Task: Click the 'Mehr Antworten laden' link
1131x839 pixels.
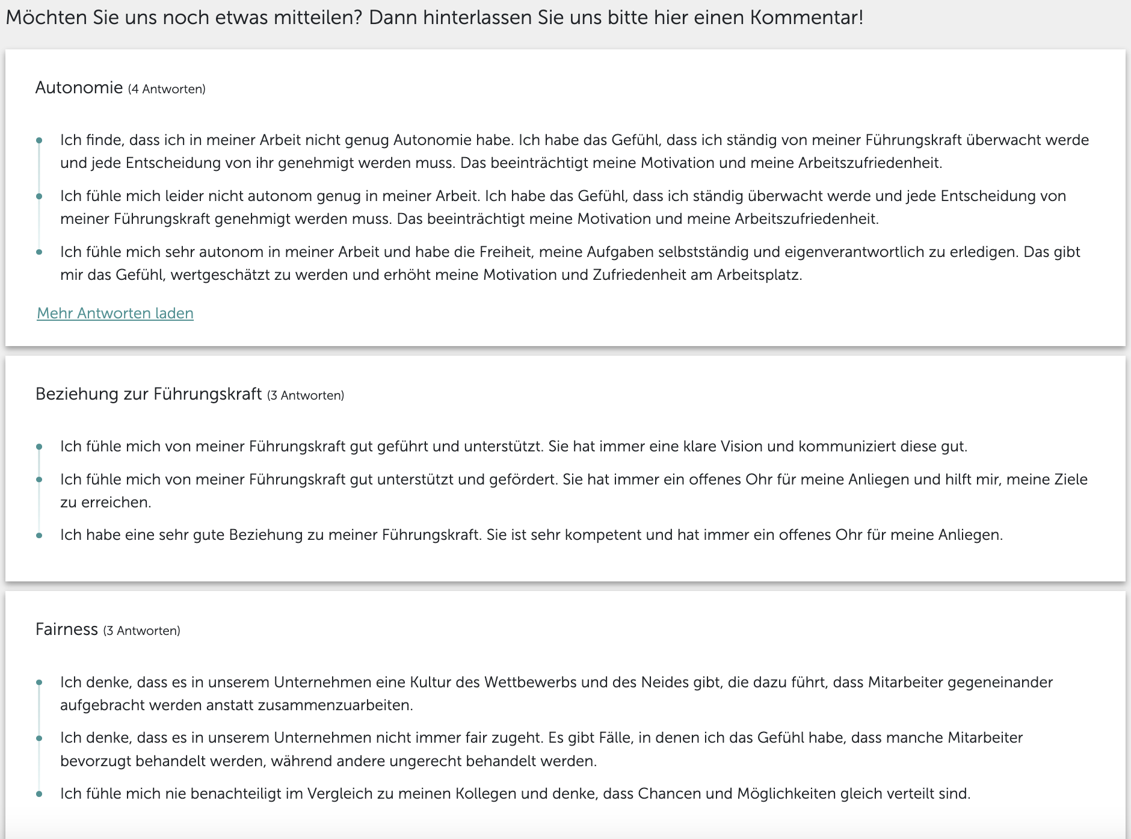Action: point(115,314)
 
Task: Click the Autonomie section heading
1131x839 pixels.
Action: point(79,88)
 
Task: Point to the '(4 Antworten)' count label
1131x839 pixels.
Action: point(167,89)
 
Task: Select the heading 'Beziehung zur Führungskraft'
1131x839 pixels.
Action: point(149,394)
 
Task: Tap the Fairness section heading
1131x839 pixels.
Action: point(66,630)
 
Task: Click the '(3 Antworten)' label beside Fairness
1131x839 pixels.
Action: point(141,631)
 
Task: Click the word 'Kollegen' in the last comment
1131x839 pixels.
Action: point(485,794)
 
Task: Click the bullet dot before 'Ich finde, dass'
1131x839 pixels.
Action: point(39,141)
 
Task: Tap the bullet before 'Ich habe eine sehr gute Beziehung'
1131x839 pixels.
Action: point(39,536)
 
